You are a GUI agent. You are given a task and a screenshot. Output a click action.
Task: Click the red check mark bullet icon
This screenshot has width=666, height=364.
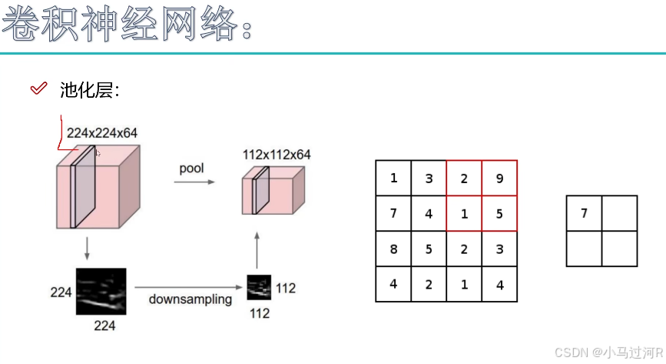point(38,89)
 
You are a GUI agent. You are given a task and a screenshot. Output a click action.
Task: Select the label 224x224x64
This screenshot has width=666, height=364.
point(102,133)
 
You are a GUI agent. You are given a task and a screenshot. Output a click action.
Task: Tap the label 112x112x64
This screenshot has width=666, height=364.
point(277,155)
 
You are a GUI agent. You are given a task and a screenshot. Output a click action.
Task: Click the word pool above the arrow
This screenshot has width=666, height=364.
point(192,168)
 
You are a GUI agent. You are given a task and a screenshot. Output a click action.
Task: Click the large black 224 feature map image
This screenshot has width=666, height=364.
point(101,290)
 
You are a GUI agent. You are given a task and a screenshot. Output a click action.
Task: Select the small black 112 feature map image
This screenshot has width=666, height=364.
point(259,287)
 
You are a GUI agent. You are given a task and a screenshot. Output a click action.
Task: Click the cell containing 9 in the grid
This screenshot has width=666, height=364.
point(499,179)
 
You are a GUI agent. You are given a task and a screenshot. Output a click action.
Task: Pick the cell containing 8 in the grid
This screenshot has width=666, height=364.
point(393,249)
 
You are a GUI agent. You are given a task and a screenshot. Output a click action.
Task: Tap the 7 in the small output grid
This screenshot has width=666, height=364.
point(584,213)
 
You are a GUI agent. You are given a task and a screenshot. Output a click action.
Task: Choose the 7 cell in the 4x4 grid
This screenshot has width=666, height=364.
point(393,214)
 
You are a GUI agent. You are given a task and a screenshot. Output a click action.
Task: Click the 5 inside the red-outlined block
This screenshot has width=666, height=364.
point(499,214)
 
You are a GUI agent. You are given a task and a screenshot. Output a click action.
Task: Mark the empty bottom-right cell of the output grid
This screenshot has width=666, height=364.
point(619,249)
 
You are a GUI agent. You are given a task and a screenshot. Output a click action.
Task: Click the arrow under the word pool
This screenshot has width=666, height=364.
point(194,182)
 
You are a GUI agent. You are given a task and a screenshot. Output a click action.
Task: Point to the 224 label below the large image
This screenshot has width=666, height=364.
point(104,326)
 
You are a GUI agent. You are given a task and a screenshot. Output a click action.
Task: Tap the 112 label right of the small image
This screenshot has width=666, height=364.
point(285,289)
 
